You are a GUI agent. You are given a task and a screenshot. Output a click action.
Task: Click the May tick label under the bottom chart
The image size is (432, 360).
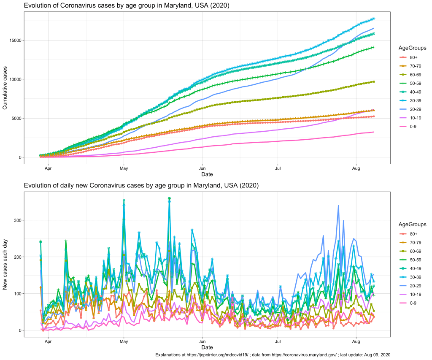[124, 341]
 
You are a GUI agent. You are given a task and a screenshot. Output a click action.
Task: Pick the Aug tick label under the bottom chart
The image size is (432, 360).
[356, 341]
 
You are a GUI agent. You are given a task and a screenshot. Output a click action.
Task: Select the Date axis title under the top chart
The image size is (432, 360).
[207, 174]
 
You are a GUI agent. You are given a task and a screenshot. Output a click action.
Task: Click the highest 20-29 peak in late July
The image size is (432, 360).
[338, 206]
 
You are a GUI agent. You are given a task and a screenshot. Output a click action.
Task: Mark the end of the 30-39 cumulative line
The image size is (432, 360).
[373, 19]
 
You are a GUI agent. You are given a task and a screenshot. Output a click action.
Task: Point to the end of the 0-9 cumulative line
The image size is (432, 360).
[373, 132]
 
